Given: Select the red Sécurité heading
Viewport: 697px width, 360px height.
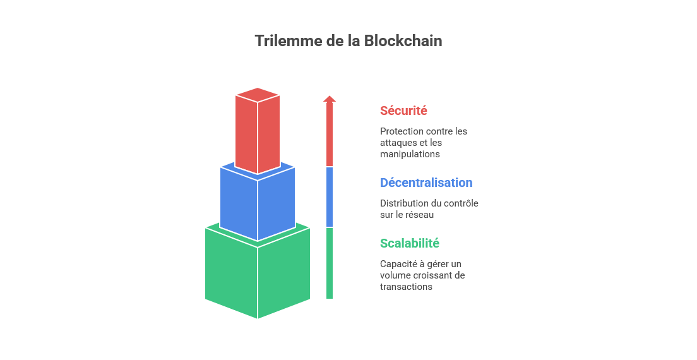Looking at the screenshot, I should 403,111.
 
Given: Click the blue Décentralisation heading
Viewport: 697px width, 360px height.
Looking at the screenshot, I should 426,183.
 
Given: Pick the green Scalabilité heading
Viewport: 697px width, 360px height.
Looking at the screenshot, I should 410,243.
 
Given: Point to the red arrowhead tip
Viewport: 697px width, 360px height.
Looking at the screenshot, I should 330,96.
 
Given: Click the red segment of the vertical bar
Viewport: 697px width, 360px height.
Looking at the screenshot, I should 330,136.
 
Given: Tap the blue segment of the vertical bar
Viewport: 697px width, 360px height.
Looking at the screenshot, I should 330,197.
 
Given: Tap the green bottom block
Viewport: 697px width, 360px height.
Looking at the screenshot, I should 258,275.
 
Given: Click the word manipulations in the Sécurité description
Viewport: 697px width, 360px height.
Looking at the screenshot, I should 410,153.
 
